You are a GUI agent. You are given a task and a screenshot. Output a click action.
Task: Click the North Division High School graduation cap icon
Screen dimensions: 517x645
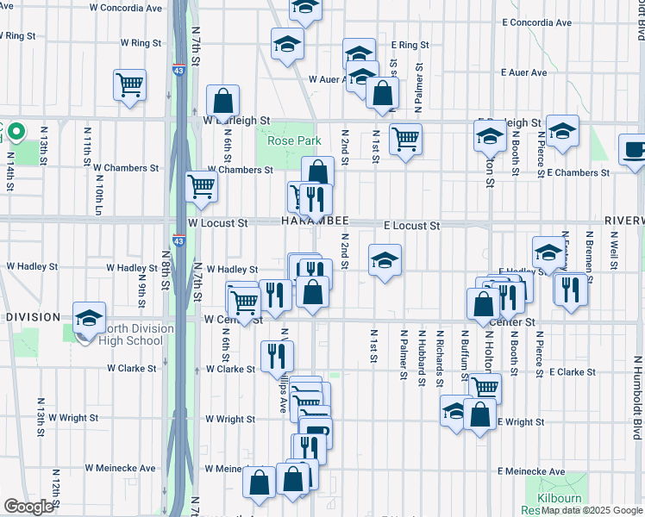[89, 318]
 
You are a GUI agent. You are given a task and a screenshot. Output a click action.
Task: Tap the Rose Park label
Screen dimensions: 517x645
[294, 140]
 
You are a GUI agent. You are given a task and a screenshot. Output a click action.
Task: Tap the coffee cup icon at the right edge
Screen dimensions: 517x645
[634, 150]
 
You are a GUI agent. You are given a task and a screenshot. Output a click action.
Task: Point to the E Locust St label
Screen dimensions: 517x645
[412, 226]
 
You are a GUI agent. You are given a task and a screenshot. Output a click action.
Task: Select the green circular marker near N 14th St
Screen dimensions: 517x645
[18, 131]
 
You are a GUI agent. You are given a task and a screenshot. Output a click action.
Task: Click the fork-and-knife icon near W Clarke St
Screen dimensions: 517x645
[277, 353]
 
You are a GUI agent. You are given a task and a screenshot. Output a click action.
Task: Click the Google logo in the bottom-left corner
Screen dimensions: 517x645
[28, 507]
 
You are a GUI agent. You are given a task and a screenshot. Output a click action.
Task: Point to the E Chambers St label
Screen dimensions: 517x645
[578, 173]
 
